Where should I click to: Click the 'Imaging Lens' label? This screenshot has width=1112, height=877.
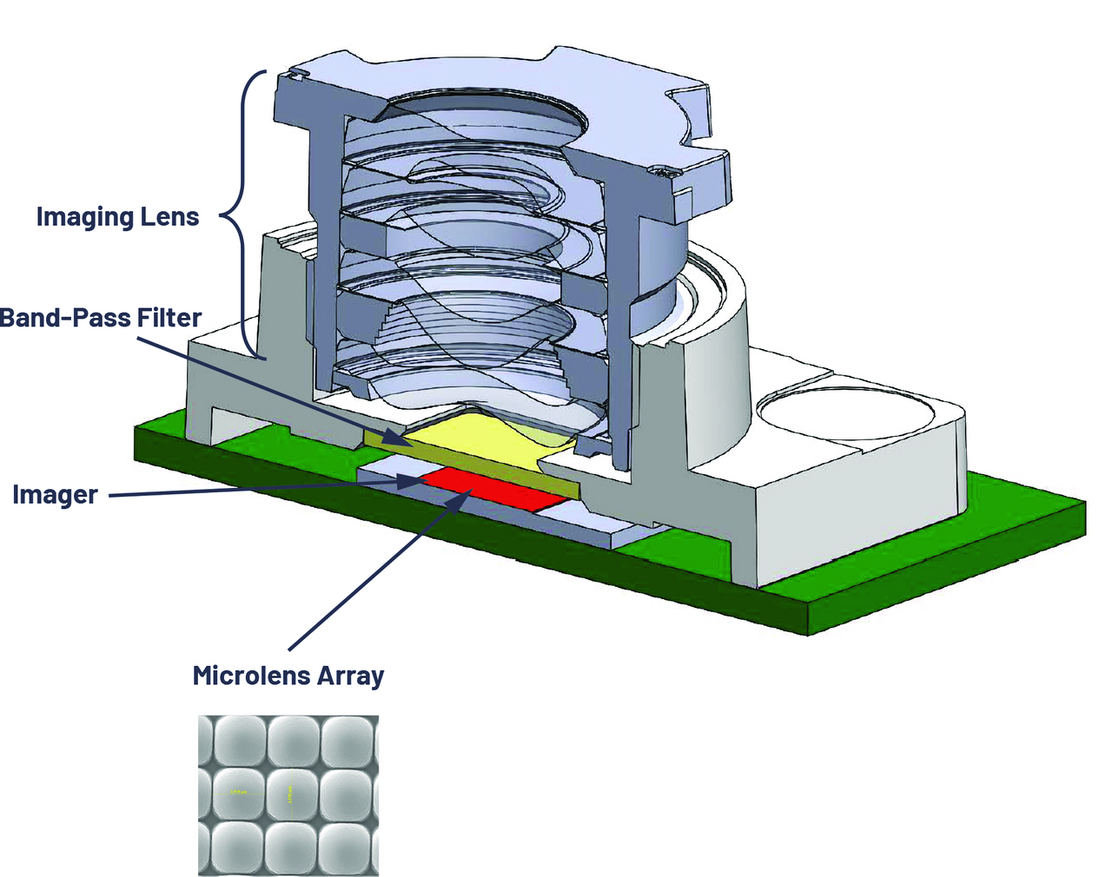point(117,216)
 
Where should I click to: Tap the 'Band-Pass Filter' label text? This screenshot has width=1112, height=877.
point(101,318)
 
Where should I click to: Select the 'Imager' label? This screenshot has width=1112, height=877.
point(55,495)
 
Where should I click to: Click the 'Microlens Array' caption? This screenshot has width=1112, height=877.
point(288,676)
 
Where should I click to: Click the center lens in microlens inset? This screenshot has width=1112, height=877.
point(289,791)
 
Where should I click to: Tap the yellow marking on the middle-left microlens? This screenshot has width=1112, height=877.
point(236,792)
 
